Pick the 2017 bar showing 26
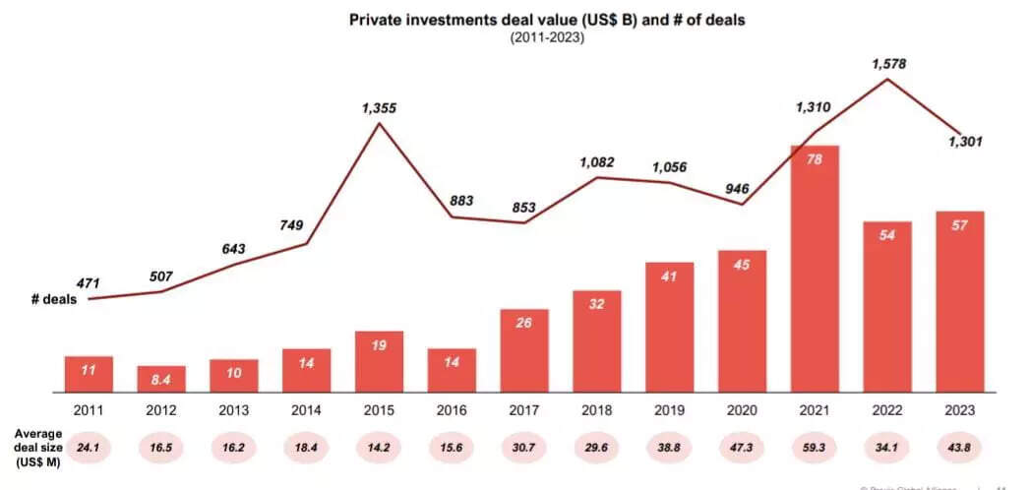pos(524,350)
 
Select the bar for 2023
pos(959,301)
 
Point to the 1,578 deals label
pos(888,64)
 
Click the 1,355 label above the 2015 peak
pos(380,108)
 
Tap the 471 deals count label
pos(88,283)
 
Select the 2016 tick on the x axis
pos(452,408)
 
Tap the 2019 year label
pos(669,408)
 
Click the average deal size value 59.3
pos(815,447)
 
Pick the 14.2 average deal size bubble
pos(379,447)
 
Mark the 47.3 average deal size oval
pos(742,447)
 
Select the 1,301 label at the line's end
pos(964,143)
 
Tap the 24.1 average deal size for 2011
pos(89,447)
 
